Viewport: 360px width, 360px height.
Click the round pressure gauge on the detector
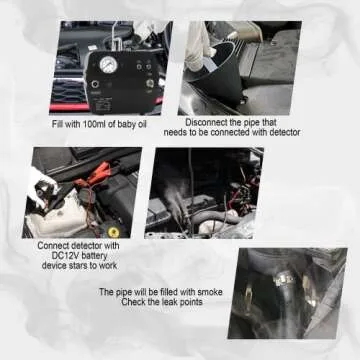tap(108, 65)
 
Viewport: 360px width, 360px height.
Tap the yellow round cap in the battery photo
tap(114, 232)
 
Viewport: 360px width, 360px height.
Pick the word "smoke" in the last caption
tap(210, 292)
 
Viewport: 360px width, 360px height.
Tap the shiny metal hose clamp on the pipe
tap(283, 277)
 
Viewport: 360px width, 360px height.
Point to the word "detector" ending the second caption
tap(284, 132)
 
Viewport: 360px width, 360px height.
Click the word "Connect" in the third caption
tap(52, 246)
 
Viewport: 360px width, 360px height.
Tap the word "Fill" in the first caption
tap(57, 124)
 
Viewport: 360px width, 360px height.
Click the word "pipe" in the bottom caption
tap(124, 293)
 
